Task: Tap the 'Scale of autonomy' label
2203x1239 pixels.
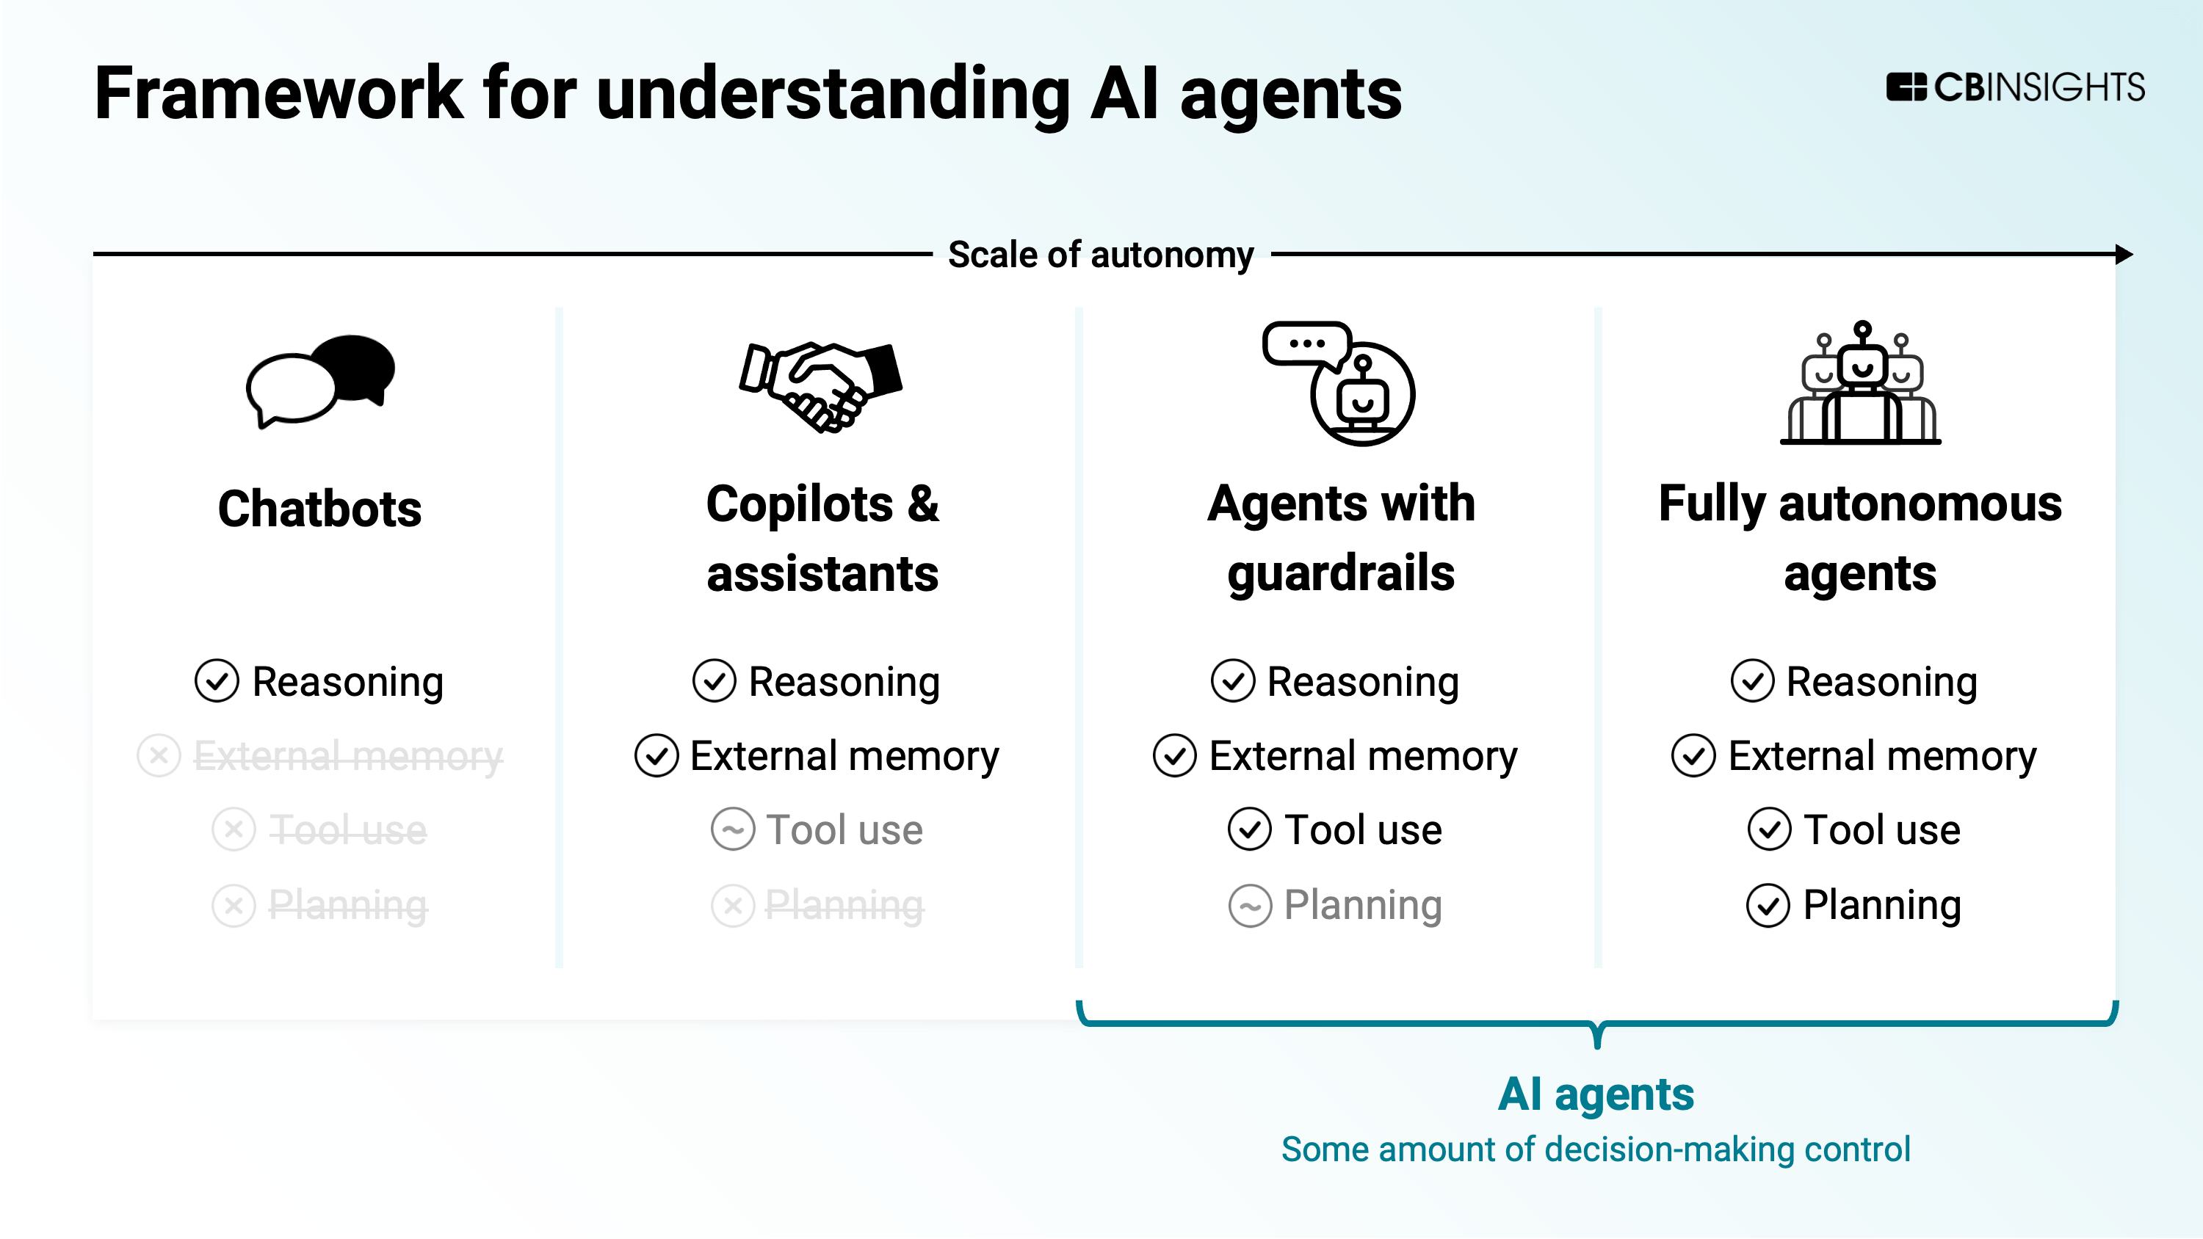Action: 1101,255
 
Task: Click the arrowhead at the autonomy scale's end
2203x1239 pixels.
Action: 2124,254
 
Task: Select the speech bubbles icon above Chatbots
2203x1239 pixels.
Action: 321,380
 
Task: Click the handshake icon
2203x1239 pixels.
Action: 821,387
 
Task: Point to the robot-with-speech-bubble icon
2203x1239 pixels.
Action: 1340,383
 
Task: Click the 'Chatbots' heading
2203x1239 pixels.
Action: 320,509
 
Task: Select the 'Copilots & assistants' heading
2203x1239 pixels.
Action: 822,538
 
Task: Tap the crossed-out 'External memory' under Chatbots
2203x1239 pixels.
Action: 348,756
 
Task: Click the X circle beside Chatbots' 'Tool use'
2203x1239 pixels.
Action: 234,829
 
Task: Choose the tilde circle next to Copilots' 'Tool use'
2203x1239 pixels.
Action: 733,829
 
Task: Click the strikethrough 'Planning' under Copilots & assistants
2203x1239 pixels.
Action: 844,905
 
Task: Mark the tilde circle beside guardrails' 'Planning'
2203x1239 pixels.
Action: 1251,906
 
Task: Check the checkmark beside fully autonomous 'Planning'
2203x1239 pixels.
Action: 1768,906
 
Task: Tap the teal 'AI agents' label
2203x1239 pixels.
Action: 1596,1094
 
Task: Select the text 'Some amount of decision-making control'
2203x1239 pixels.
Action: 1596,1149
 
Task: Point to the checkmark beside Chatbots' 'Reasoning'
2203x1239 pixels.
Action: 217,681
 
